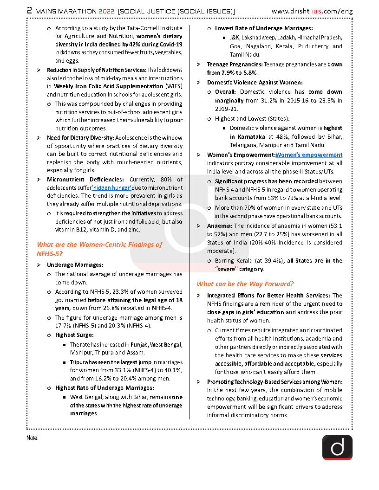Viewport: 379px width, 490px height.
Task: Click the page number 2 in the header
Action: click(29, 10)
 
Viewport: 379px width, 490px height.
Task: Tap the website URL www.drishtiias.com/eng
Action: click(312, 11)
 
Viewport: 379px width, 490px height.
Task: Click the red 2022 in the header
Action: click(104, 11)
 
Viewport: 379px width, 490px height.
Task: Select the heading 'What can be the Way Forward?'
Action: click(245, 284)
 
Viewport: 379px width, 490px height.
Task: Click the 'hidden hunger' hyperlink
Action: click(111, 187)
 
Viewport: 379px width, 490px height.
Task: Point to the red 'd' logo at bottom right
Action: click(337, 447)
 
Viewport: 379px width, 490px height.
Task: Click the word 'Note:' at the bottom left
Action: click(33, 438)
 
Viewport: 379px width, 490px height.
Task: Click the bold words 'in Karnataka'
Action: click(248, 136)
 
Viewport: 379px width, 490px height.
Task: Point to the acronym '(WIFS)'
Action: click(174, 86)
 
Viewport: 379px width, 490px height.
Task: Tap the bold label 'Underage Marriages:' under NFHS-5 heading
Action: click(75, 265)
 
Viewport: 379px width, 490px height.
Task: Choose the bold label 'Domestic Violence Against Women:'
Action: click(255, 82)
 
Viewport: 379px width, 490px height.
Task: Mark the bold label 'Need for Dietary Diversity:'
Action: click(80, 137)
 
